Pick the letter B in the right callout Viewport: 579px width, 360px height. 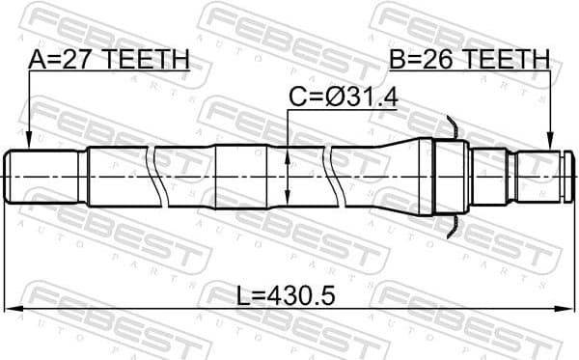click(x=398, y=60)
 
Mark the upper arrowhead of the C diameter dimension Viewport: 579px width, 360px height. click(x=288, y=150)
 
